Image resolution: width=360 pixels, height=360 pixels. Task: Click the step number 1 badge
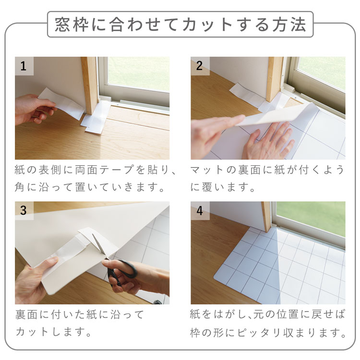click(24, 66)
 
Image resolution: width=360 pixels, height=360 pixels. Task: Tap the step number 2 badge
click(200, 66)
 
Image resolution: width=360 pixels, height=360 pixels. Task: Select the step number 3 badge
click(24, 211)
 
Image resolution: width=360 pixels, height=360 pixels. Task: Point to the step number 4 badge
click(200, 211)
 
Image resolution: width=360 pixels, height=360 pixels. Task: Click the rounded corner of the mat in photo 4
click(216, 277)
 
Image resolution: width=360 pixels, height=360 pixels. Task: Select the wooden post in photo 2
click(274, 79)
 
